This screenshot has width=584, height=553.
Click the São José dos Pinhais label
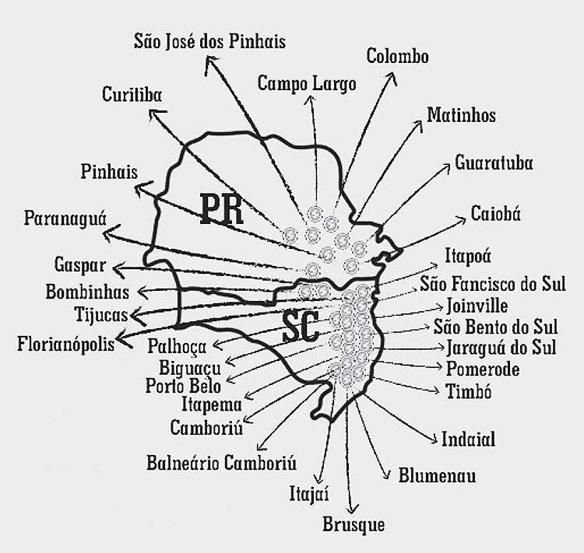pos(209,41)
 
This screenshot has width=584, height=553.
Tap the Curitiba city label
pos(132,95)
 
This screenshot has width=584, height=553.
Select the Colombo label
pos(397,56)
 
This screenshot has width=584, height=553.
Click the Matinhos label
pos(461,115)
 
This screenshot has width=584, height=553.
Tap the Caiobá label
pos(496,215)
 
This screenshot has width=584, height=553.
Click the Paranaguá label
pos(65,219)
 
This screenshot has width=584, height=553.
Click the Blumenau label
pos(437,475)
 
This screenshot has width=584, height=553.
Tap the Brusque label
pos(354,525)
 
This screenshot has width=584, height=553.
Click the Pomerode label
pos(483,368)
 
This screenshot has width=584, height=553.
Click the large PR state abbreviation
pos(221,208)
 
